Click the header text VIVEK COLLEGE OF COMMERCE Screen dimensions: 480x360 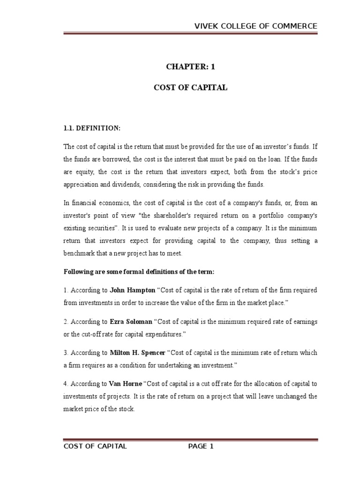click(x=256, y=26)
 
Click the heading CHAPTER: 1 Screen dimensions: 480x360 click(x=190, y=67)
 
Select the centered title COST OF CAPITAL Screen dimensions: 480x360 click(x=190, y=88)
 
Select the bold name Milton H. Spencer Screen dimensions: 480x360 click(x=138, y=352)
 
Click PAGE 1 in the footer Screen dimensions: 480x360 click(x=201, y=446)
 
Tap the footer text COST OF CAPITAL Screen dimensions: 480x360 click(x=95, y=446)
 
